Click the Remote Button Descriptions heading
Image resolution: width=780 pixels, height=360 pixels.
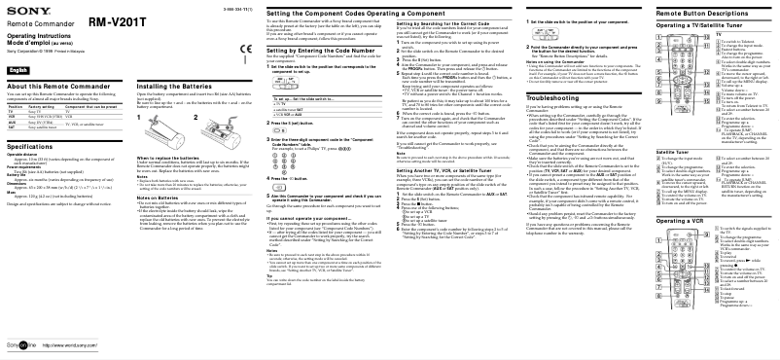(710, 13)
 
